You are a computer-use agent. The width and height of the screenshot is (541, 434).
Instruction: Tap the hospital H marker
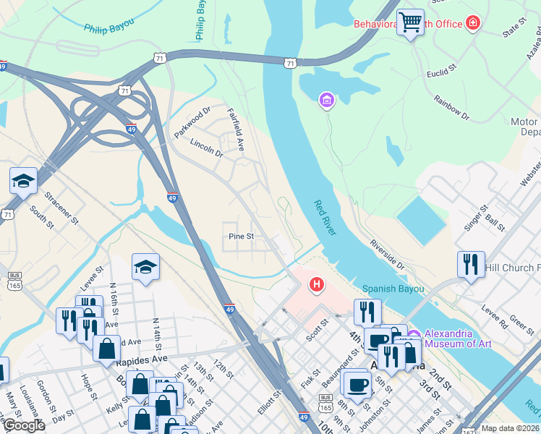coord(316,286)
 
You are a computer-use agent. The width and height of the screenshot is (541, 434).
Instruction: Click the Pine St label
coord(241,237)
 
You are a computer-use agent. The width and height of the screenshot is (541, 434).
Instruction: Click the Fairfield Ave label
coord(236,129)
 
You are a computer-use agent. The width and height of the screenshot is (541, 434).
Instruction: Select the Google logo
coord(24,425)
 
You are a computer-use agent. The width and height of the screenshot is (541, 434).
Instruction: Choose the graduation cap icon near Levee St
coord(145,268)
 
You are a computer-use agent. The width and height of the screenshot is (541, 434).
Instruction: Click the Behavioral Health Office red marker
coord(473,24)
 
